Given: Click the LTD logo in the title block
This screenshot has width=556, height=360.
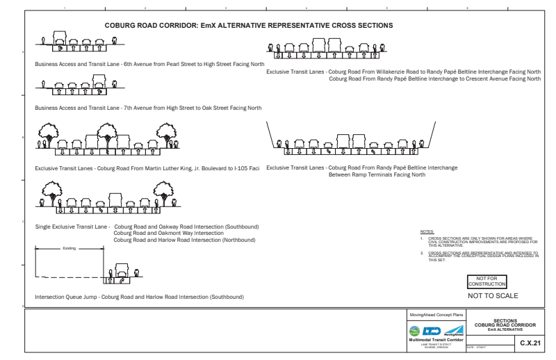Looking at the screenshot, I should pyautogui.click(x=434, y=332).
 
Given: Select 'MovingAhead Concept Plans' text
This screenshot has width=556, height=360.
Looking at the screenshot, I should pyautogui.click(x=438, y=316).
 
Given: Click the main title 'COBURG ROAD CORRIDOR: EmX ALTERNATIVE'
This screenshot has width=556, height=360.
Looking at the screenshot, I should pyautogui.click(x=249, y=25).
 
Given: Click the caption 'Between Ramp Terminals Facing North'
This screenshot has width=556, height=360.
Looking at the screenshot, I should pyautogui.click(x=376, y=175).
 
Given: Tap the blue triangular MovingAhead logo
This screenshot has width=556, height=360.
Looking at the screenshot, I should pyautogui.click(x=457, y=332).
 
